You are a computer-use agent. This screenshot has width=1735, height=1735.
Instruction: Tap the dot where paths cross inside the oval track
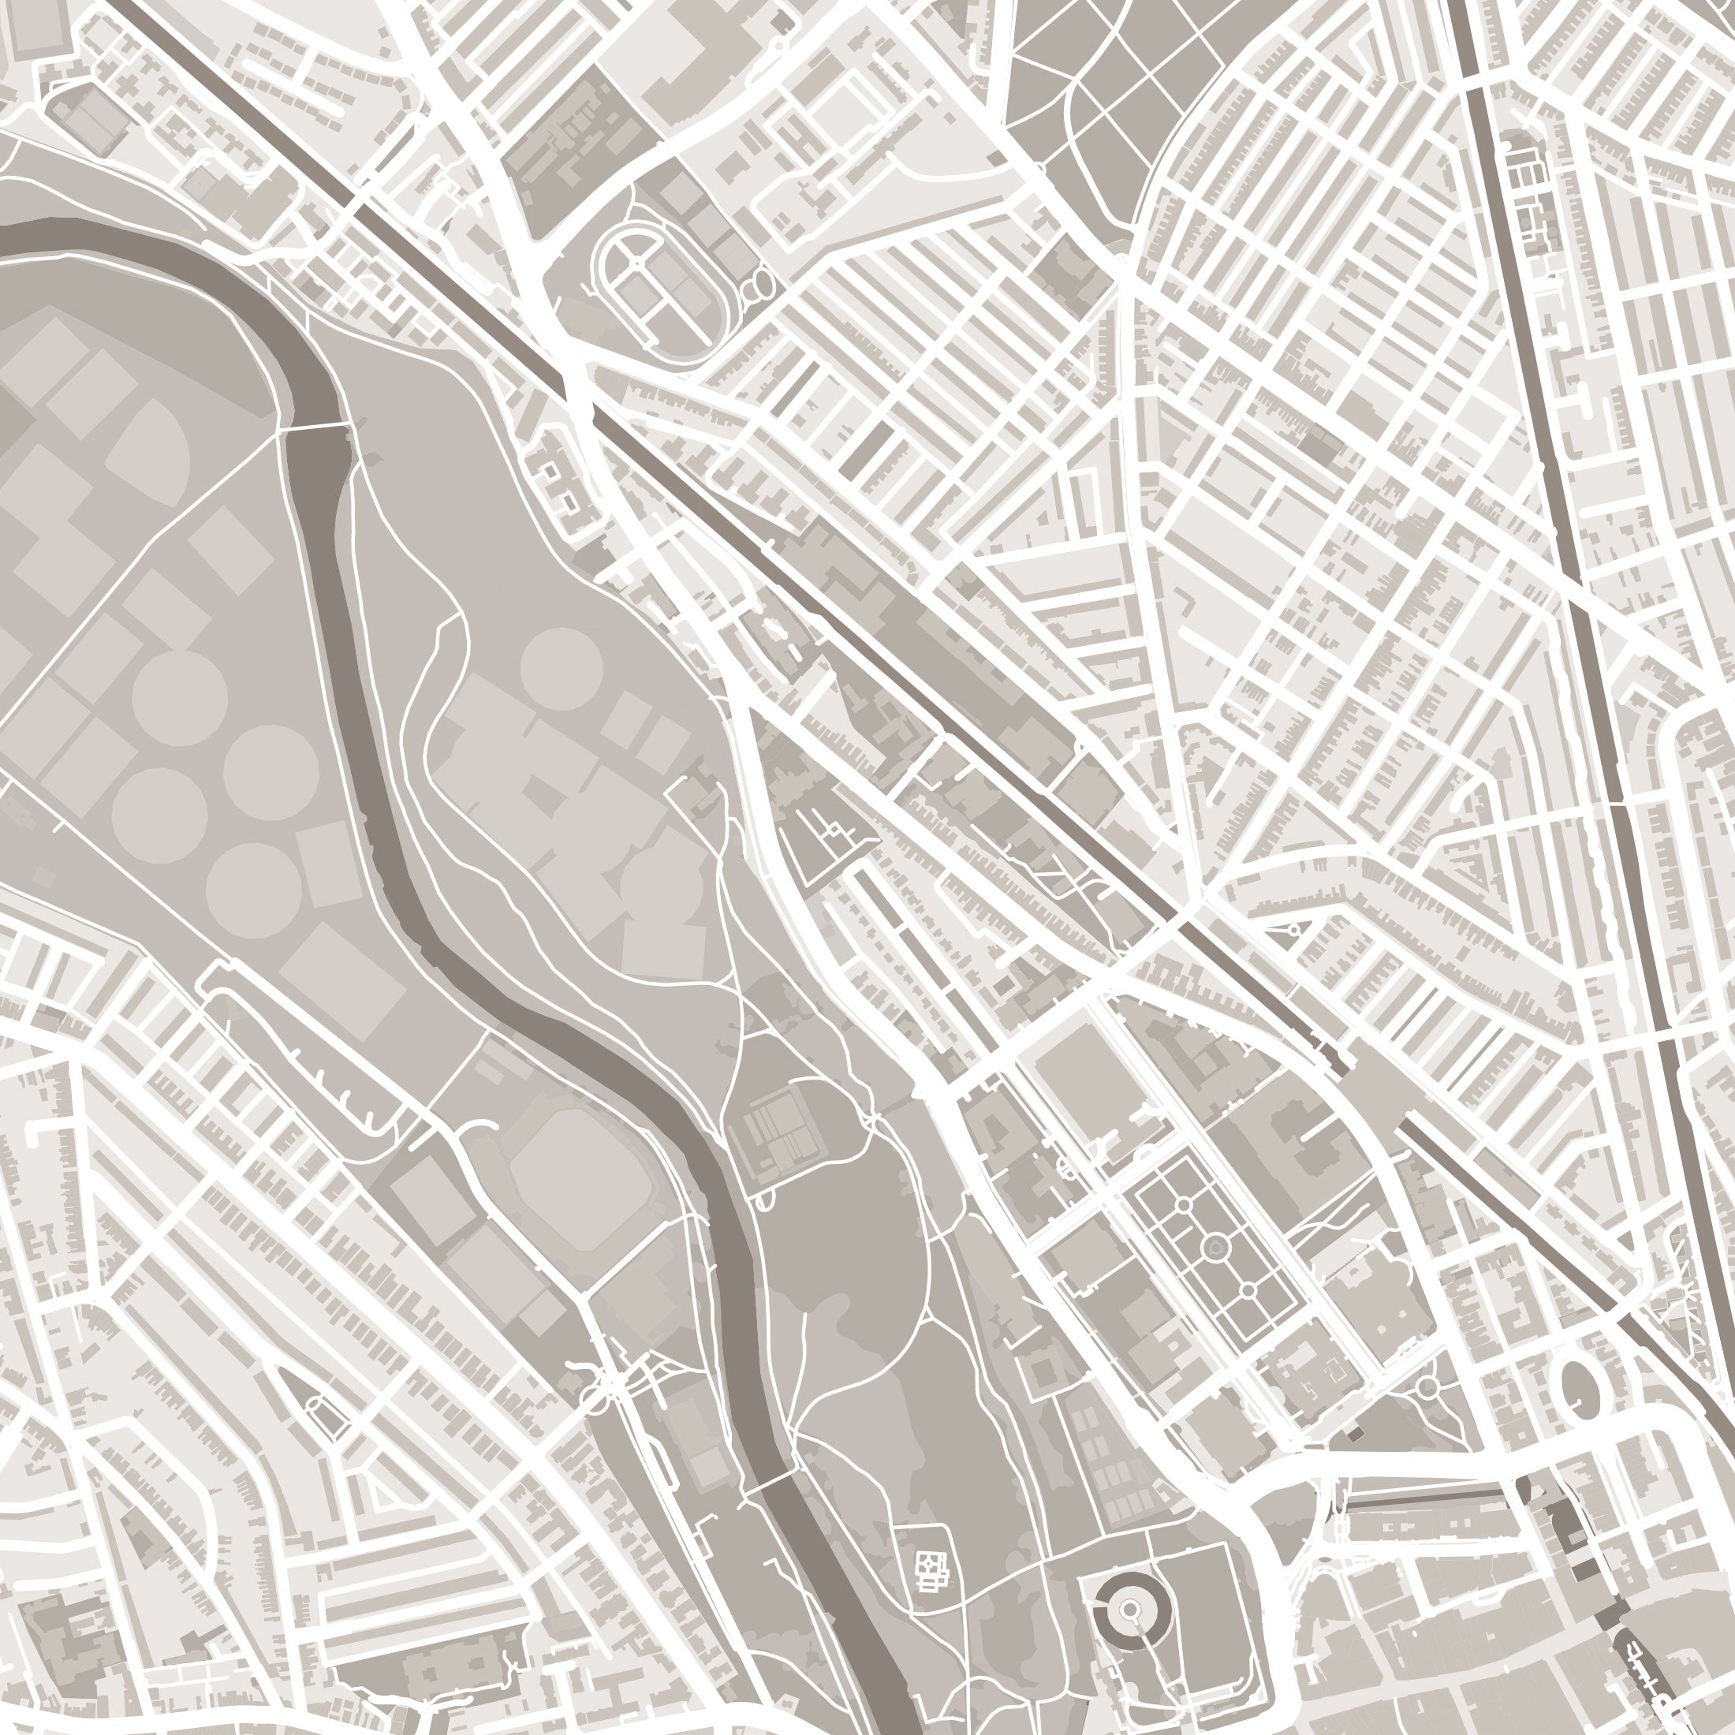[x=636, y=261]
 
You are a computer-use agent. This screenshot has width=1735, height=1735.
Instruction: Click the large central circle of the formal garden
[x=1215, y=1245]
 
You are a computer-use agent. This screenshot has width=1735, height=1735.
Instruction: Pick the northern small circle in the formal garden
[x=1184, y=1204]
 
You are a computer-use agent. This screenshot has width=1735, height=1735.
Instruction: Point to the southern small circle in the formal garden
[x=1248, y=1290]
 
